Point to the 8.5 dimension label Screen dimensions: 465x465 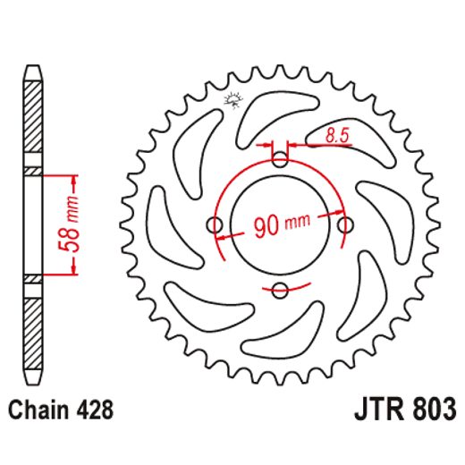click(337, 136)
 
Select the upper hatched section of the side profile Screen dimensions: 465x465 click(32, 121)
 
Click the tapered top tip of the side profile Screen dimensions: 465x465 click(32, 70)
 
